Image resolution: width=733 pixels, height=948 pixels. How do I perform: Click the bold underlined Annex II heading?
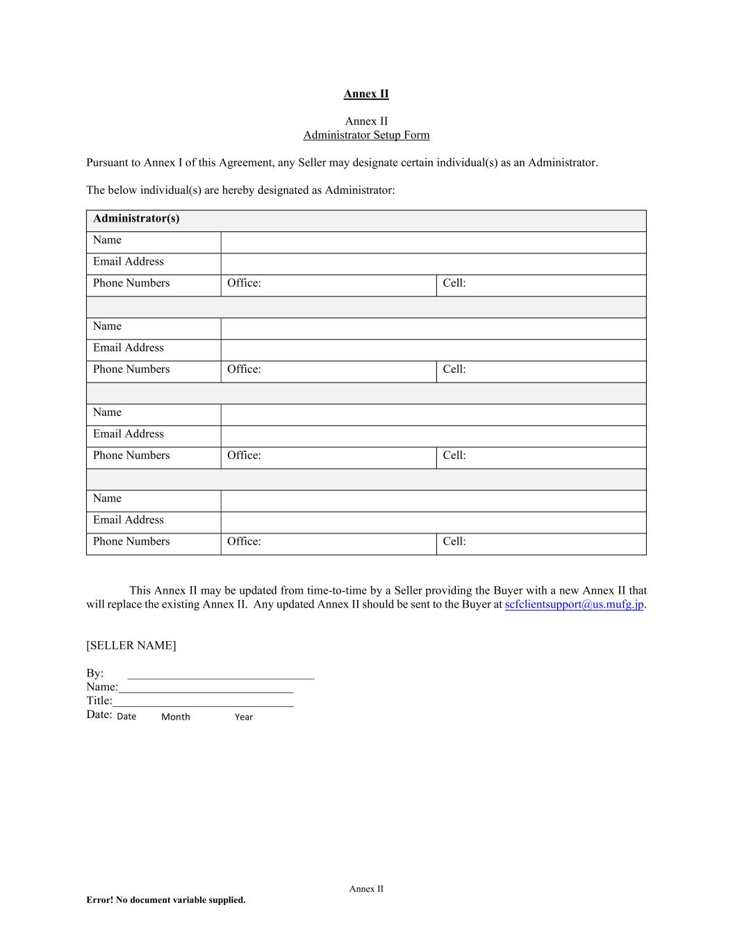coord(366,94)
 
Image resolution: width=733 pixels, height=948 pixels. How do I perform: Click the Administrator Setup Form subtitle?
coord(366,135)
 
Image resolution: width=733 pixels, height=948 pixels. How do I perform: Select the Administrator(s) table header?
coord(136,219)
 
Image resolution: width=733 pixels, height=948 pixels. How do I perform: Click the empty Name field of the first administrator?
coord(433,242)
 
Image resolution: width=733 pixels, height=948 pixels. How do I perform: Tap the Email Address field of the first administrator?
coord(433,264)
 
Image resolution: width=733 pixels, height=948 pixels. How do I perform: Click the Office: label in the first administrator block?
coord(244,283)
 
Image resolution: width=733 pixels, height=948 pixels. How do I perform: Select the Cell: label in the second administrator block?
coord(454,369)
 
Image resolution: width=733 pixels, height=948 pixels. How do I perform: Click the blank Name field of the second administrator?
coord(433,329)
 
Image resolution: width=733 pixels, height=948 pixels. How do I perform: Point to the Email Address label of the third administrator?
coord(129,434)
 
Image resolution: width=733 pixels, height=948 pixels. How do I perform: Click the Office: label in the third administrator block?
coord(244,456)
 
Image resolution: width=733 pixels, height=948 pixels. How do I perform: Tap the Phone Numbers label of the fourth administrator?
coord(131,542)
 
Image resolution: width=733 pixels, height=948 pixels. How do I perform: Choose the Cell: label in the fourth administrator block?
coord(454,542)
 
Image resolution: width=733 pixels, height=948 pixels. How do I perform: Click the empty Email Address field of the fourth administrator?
coord(433,522)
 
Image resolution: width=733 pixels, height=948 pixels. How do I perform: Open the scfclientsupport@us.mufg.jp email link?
coord(574,604)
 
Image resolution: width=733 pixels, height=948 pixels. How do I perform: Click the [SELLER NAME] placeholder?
coord(131,645)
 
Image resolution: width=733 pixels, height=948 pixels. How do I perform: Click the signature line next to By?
coord(221,674)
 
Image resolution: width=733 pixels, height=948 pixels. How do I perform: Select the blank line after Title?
coord(203,702)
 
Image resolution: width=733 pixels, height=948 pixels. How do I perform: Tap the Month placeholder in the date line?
coord(176,717)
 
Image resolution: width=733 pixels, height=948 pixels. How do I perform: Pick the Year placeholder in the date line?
coord(244,717)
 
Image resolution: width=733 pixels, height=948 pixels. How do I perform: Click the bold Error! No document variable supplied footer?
coord(166,900)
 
